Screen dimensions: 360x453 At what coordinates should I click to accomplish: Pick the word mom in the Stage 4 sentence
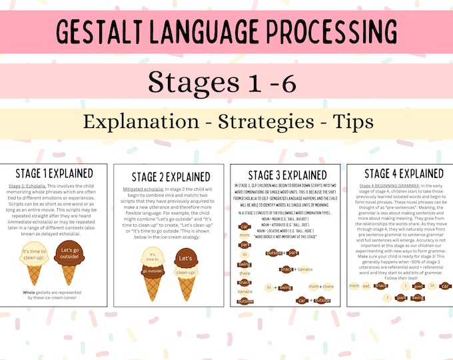(x=354, y=285)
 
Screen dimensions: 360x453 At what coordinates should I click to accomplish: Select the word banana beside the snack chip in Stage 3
(x=304, y=269)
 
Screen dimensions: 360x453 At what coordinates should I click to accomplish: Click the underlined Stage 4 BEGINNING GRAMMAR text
(x=381, y=185)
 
